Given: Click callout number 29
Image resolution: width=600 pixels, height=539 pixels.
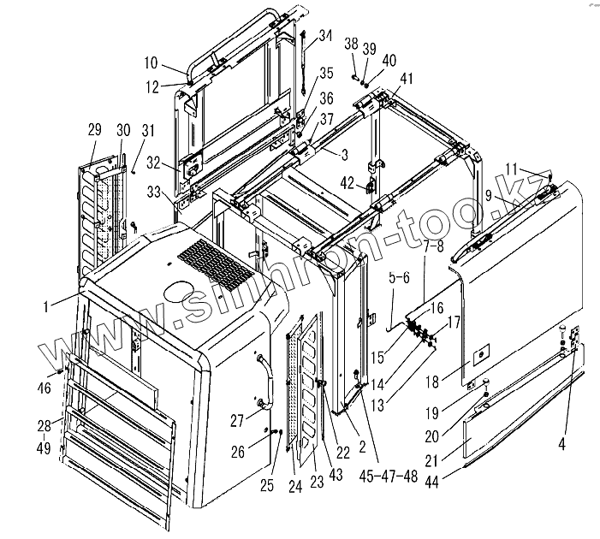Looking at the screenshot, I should (94, 130).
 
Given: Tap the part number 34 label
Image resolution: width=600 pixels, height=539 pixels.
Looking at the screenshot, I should (324, 35).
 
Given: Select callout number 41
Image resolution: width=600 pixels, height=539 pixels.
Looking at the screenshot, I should (406, 79).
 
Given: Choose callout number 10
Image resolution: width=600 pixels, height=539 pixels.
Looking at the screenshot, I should (151, 63).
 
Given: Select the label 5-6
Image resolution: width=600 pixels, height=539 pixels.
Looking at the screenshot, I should (398, 277).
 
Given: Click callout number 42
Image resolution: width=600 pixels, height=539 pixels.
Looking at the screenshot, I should (348, 181).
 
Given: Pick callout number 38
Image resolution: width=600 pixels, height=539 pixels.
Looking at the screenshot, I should (351, 43).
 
